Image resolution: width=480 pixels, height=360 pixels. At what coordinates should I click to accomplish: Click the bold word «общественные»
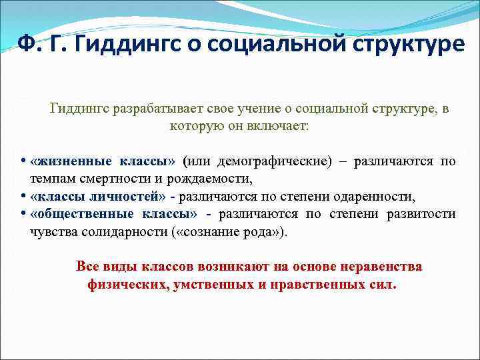click(x=82, y=214)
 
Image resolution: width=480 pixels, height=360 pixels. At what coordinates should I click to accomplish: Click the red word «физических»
click(x=127, y=284)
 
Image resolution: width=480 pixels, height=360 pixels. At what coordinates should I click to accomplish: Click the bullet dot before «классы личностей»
click(x=23, y=197)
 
